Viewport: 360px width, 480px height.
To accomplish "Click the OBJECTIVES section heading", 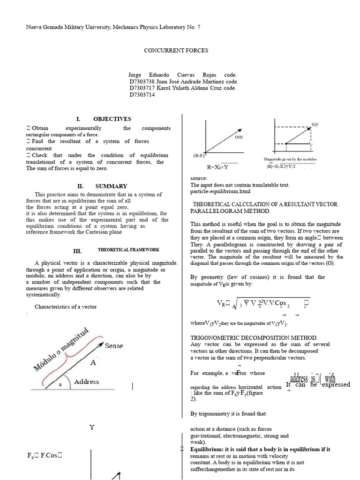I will pyautogui.click(x=112, y=119).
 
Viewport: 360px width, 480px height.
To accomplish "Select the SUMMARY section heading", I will pyautogui.click(x=111, y=186).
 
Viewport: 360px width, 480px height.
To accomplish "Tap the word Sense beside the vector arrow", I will pyautogui.click(x=114, y=346).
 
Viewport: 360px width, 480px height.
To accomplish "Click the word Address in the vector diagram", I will pyautogui.click(x=86, y=382).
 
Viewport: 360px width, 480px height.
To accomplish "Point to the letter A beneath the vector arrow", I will pyautogui.click(x=93, y=363).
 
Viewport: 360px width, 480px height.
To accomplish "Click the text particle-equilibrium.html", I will pyautogui.click(x=221, y=191).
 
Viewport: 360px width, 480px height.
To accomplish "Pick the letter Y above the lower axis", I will pyautogui.click(x=92, y=427).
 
